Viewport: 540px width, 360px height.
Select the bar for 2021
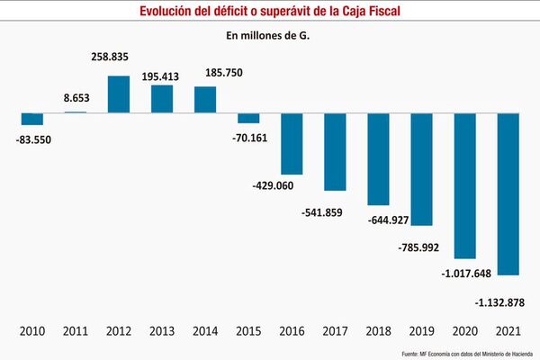coord(508,193)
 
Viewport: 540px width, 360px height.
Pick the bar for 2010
coord(32,118)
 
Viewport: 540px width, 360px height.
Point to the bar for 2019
coord(422,168)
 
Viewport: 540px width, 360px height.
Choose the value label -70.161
coord(247,139)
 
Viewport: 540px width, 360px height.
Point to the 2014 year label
coord(205,332)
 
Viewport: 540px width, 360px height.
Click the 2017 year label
coord(335,332)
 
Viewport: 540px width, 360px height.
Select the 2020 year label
coord(465,332)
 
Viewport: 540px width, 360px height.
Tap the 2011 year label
coord(76,332)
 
